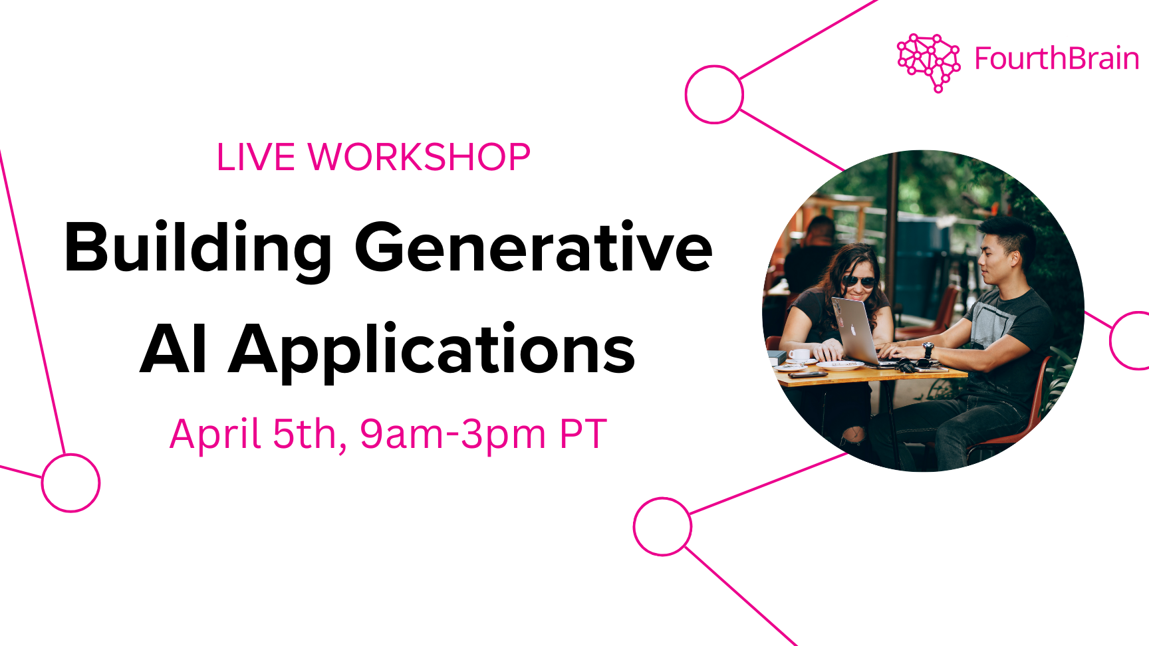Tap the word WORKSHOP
point(419,158)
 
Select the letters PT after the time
point(583,434)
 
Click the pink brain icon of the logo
point(929,62)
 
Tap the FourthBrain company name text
point(1057,58)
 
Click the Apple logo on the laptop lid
point(852,330)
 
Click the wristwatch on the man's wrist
point(928,350)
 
